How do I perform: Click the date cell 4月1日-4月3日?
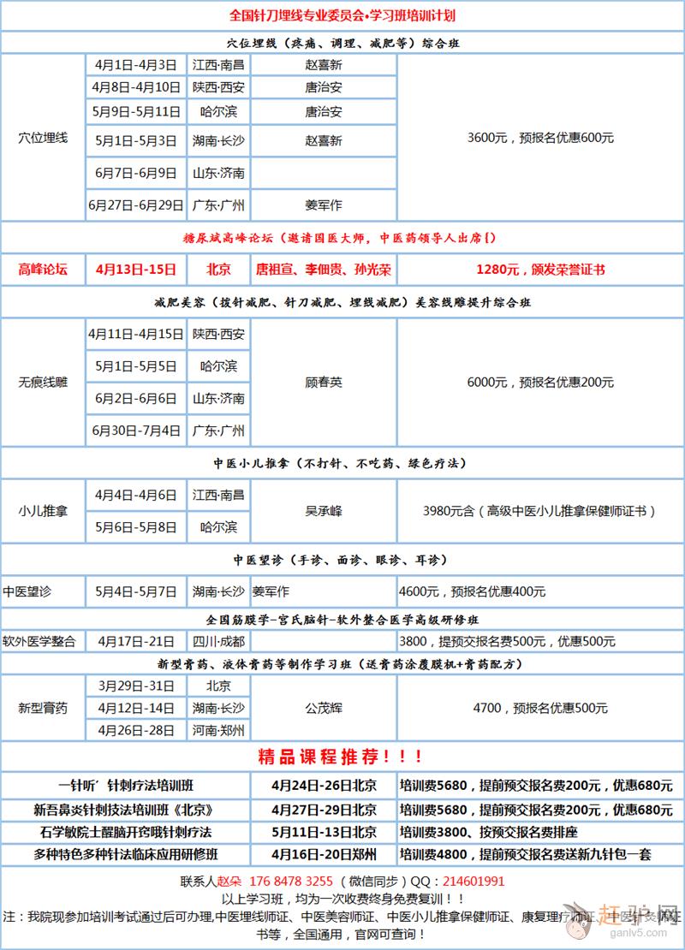[136, 65]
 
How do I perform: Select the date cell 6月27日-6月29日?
[136, 205]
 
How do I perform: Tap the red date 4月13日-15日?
[136, 270]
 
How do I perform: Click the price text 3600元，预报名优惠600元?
[540, 138]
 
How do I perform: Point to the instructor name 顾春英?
[323, 383]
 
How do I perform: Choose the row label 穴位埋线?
[42, 137]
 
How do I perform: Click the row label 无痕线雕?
[42, 383]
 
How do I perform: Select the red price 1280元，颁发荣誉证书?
[540, 270]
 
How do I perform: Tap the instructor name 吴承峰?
[323, 511]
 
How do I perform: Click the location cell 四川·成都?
[218, 641]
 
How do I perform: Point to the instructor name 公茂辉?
[323, 709]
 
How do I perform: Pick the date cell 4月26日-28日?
[136, 731]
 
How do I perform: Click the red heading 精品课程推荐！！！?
[341, 757]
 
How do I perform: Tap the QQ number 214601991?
[471, 882]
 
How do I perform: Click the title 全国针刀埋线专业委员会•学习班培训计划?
[341, 15]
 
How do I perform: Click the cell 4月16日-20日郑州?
[323, 854]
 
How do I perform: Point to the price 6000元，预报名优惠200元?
[540, 383]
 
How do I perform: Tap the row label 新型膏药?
[42, 709]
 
